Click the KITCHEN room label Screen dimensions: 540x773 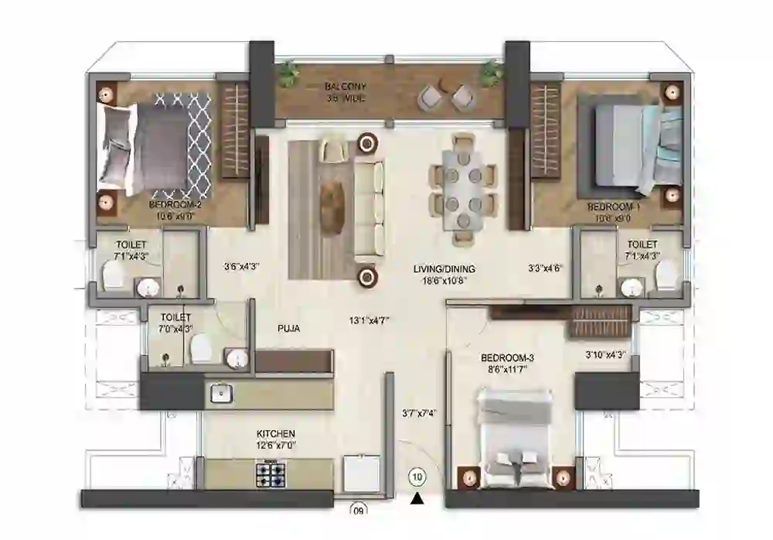pos(276,434)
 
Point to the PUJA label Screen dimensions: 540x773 pos(288,329)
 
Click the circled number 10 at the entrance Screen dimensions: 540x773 pos(417,477)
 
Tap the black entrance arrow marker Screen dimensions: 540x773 pos(417,498)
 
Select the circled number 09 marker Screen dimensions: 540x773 pos(358,510)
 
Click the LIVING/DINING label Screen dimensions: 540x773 pos(444,269)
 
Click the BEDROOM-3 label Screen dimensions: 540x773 pos(508,358)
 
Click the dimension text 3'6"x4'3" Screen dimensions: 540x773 pos(241,267)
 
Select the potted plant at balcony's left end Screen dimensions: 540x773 pos(288,73)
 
